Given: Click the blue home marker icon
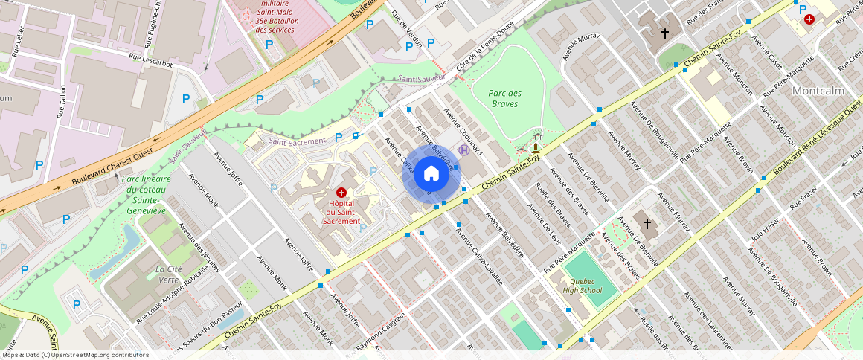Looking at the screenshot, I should point(431,173).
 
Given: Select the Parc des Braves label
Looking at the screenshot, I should point(505,98).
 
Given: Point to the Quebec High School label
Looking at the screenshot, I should point(582,286).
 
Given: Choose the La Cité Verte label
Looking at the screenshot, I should point(169,274).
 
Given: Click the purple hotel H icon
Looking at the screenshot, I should point(464,150).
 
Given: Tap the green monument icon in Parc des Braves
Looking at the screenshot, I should point(536,147).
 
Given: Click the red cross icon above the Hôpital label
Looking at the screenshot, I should point(341,192).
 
